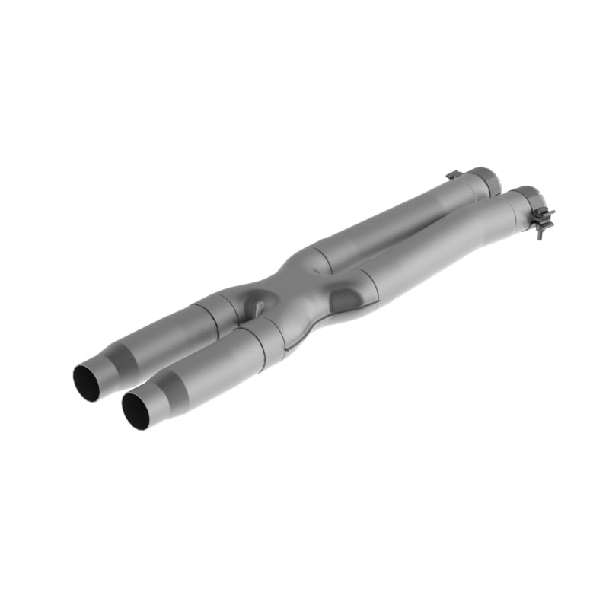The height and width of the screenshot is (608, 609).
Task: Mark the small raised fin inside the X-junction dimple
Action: [258, 308]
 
